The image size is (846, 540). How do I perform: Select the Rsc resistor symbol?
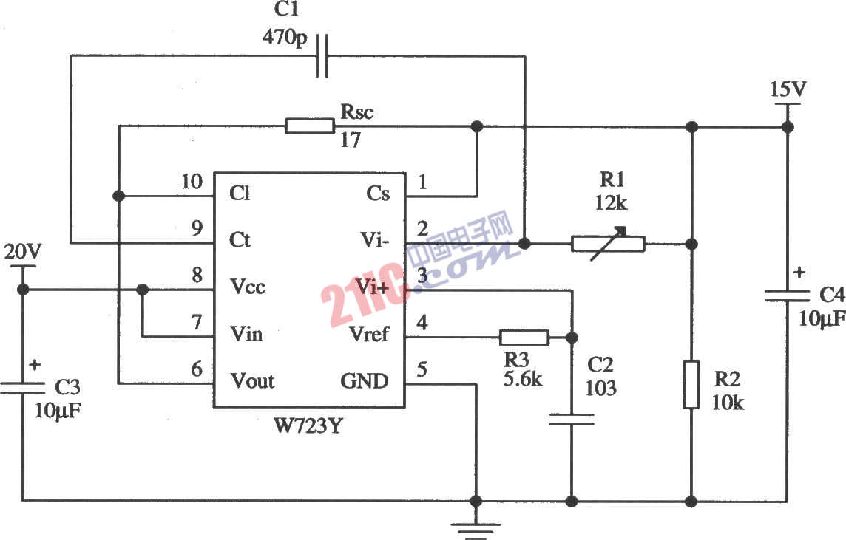pyautogui.click(x=310, y=126)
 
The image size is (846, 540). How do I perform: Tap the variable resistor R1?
pyautogui.click(x=608, y=243)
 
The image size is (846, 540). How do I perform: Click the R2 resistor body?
pyautogui.click(x=691, y=384)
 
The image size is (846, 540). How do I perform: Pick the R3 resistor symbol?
pyautogui.click(x=524, y=338)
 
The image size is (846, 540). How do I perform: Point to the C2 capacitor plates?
pyautogui.click(x=571, y=420)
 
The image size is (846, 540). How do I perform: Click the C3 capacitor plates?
pyautogui.click(x=22, y=387)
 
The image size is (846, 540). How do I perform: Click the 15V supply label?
pyautogui.click(x=788, y=90)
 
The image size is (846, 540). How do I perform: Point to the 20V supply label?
pyautogui.click(x=22, y=253)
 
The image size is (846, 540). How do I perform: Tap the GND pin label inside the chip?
pyautogui.click(x=364, y=381)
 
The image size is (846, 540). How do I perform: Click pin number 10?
pyautogui.click(x=192, y=182)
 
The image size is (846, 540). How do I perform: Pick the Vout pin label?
pyautogui.click(x=252, y=381)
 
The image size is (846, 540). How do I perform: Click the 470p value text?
pyautogui.click(x=285, y=37)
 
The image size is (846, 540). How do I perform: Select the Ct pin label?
pyautogui.click(x=240, y=240)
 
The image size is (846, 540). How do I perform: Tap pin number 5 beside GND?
pyautogui.click(x=422, y=370)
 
